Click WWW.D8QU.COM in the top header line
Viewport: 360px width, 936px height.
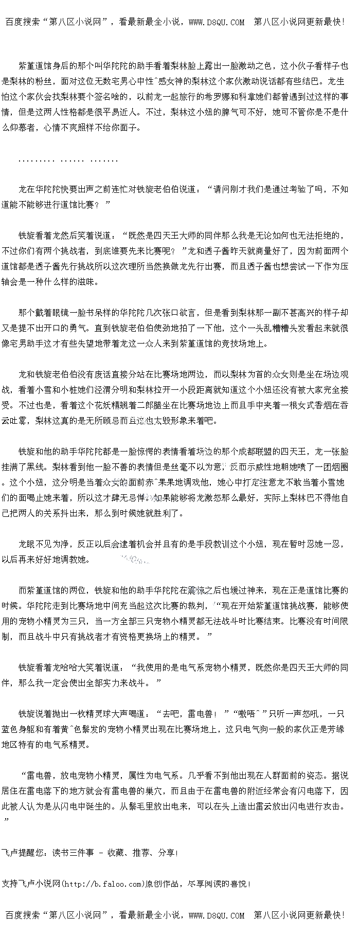pyautogui.click(x=217, y=22)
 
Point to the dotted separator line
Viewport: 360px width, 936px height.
pyautogui.click(x=68, y=161)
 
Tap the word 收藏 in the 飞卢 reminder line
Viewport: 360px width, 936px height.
pyautogui.click(x=116, y=853)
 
